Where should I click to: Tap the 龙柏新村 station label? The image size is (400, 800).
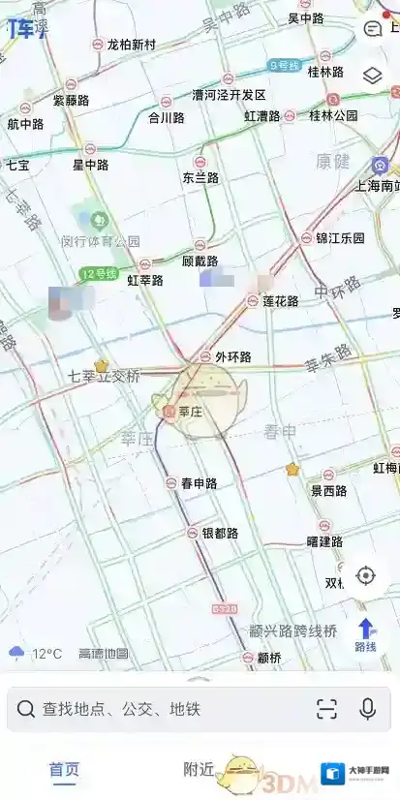(x=131, y=45)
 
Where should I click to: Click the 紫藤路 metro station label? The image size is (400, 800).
(x=70, y=100)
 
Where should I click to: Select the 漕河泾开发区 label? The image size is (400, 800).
(x=229, y=95)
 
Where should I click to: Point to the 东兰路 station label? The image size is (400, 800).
(x=200, y=178)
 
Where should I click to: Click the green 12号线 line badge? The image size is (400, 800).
(x=98, y=274)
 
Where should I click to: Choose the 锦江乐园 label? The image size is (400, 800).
(x=340, y=238)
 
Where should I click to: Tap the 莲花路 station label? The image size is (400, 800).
(x=281, y=301)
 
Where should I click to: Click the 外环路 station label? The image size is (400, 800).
(x=232, y=356)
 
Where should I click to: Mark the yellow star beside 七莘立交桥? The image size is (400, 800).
(x=101, y=366)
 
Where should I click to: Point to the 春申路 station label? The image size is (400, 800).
(x=199, y=483)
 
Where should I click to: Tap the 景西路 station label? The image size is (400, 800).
(x=328, y=491)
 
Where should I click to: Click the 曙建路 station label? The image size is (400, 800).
(x=324, y=541)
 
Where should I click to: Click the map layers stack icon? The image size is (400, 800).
(x=373, y=76)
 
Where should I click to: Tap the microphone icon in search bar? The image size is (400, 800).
(x=368, y=709)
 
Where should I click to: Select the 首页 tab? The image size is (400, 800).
(x=65, y=770)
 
